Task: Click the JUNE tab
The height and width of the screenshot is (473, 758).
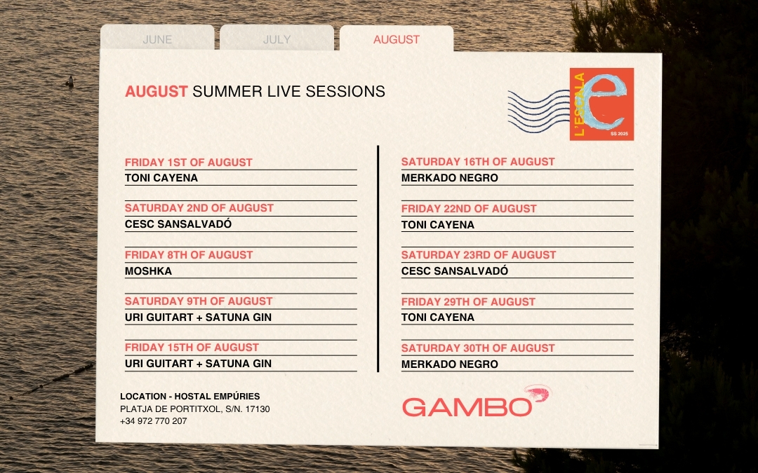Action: tap(157, 39)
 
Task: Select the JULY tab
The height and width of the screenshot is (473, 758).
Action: tap(277, 39)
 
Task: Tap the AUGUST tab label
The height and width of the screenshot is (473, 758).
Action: tap(397, 39)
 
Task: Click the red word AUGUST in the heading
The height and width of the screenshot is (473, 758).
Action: tap(156, 91)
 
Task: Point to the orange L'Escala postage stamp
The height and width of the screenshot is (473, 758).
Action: tap(601, 104)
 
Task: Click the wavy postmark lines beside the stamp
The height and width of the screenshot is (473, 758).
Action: tap(538, 111)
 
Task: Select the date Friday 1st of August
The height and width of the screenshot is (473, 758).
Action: tap(189, 163)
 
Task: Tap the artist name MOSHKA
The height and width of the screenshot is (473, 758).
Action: tap(148, 271)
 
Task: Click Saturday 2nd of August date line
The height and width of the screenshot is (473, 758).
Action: tap(199, 208)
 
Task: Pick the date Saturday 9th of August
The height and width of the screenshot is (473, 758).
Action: tap(199, 301)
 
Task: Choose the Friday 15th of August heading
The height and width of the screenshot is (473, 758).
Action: tap(192, 348)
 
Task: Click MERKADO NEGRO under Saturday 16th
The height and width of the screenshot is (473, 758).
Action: tap(450, 178)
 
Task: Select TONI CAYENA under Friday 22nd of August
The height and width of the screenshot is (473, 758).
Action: tap(438, 225)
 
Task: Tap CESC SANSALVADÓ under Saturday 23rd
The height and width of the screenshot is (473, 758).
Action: tap(455, 271)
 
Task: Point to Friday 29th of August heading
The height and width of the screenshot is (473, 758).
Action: tap(468, 302)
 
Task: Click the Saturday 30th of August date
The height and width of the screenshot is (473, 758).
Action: tap(478, 348)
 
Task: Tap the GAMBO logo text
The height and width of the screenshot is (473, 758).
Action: tap(467, 407)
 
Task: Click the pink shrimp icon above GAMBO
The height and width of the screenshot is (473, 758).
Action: tap(538, 392)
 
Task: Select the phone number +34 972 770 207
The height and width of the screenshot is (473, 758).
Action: tap(153, 421)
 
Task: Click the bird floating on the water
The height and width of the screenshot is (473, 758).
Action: tap(69, 81)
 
